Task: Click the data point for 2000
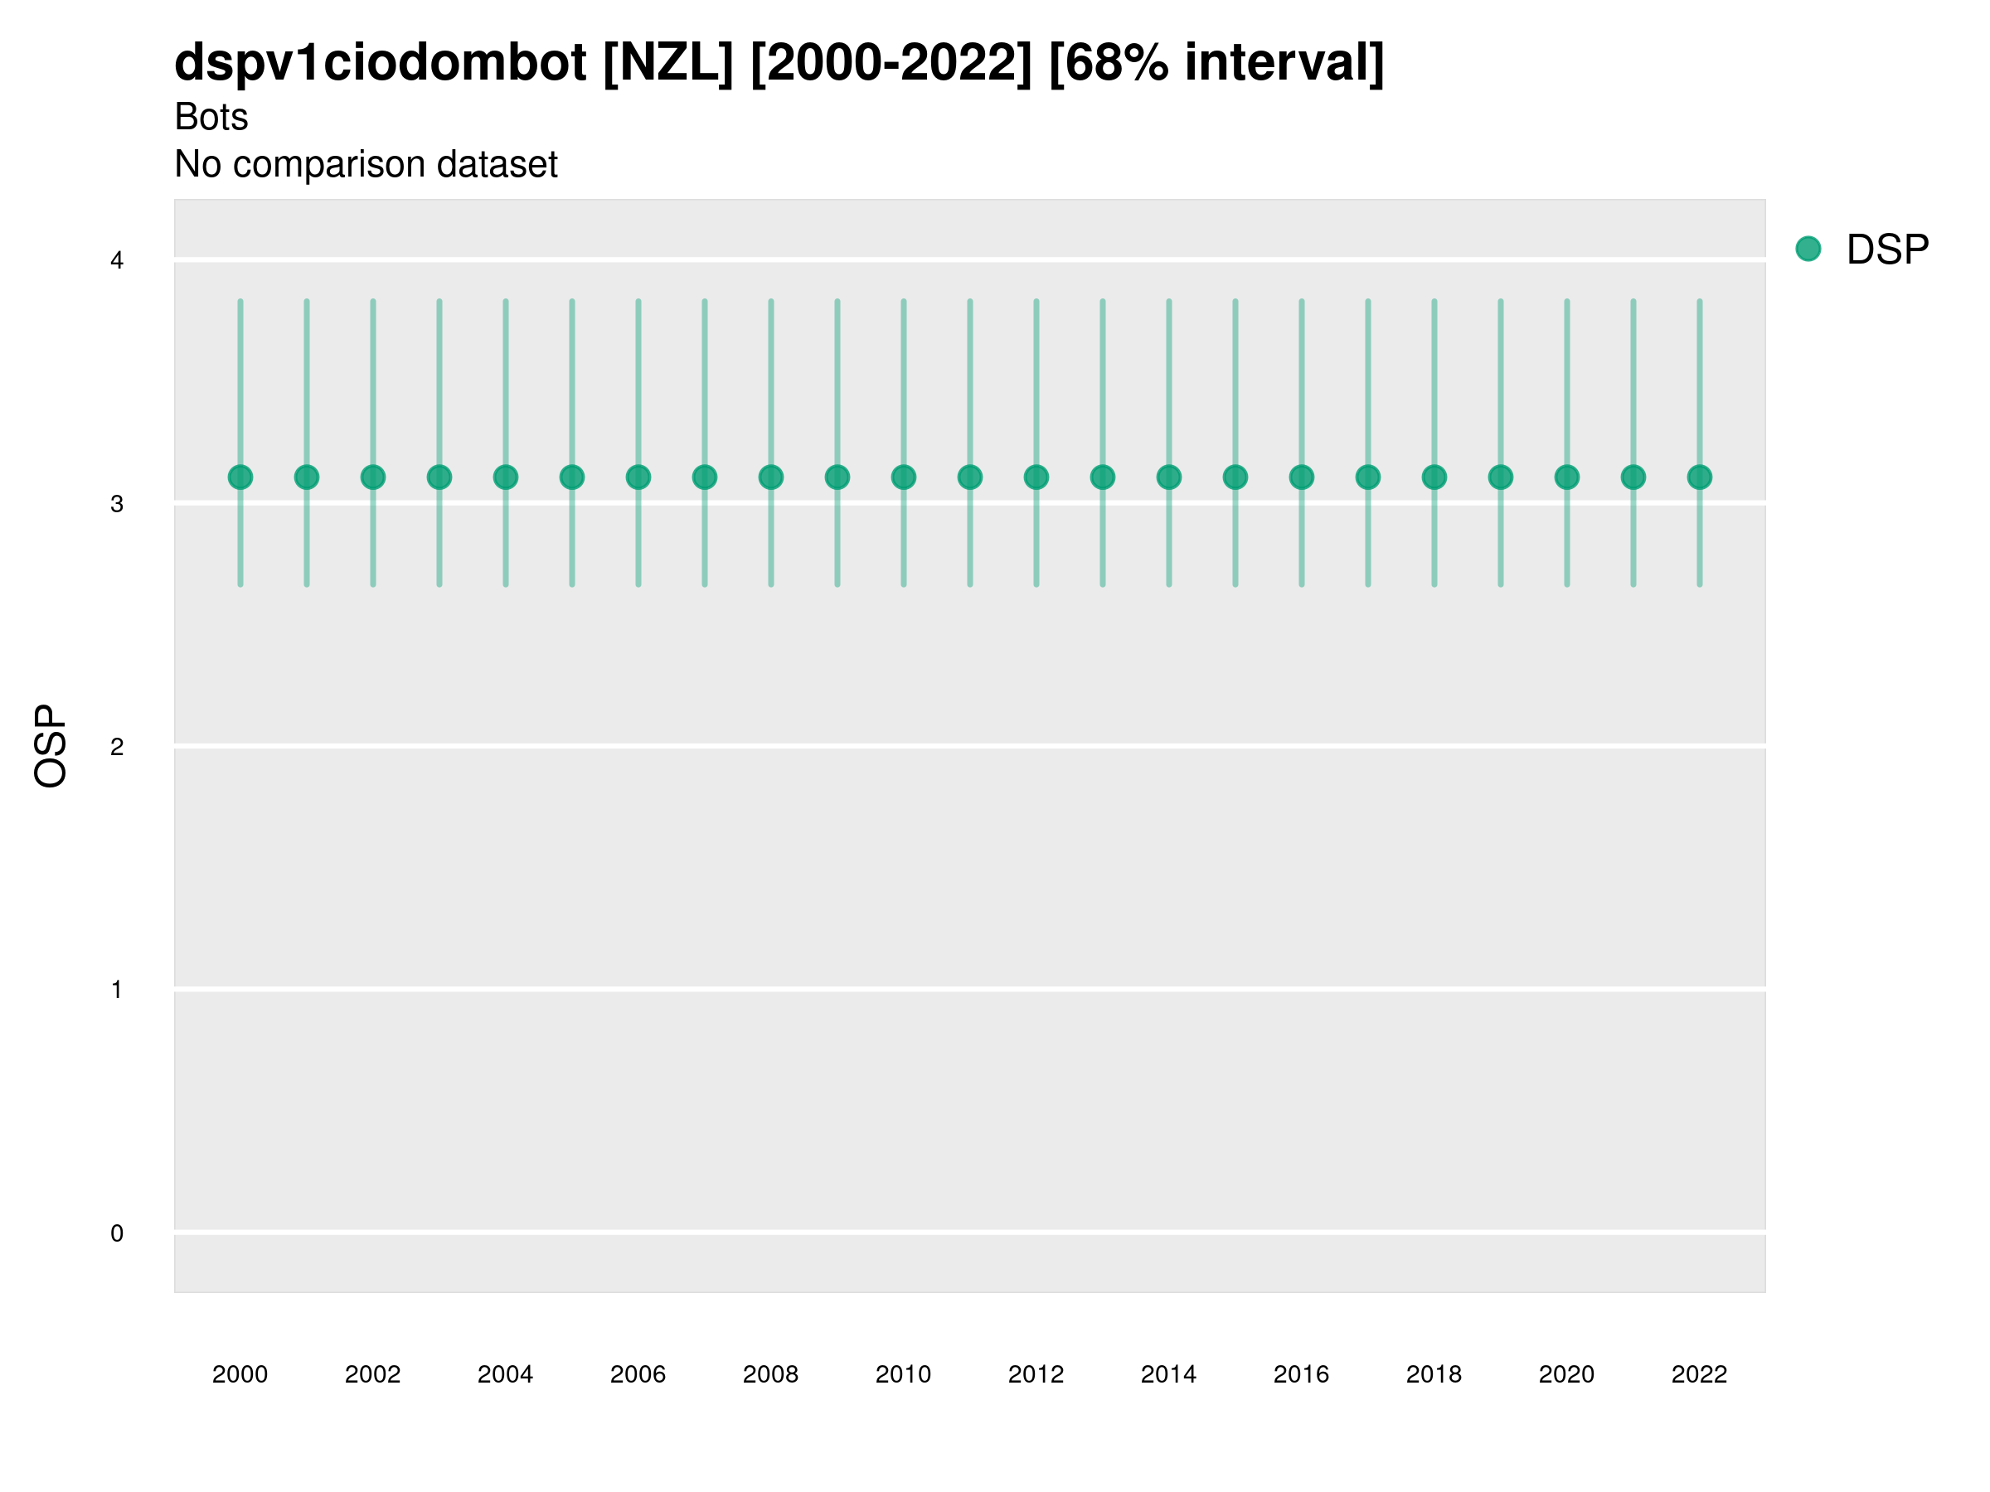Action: click(x=240, y=477)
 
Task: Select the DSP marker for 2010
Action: click(x=903, y=477)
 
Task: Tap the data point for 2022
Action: click(x=1700, y=477)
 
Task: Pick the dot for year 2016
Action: click(x=1302, y=477)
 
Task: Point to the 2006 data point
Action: click(x=638, y=477)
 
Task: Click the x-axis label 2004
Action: click(x=506, y=1374)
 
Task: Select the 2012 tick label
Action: click(x=1036, y=1374)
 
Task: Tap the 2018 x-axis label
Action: click(x=1434, y=1374)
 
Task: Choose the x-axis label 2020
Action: click(x=1566, y=1374)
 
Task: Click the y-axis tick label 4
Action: click(x=117, y=261)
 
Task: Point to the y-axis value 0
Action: click(x=117, y=1233)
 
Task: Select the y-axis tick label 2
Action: click(x=117, y=747)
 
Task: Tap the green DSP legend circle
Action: click(x=1808, y=249)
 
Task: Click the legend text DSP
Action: click(x=1887, y=249)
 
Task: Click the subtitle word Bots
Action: click(x=211, y=117)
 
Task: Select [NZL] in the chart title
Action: click(x=668, y=63)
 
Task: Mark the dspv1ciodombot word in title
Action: click(x=381, y=63)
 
